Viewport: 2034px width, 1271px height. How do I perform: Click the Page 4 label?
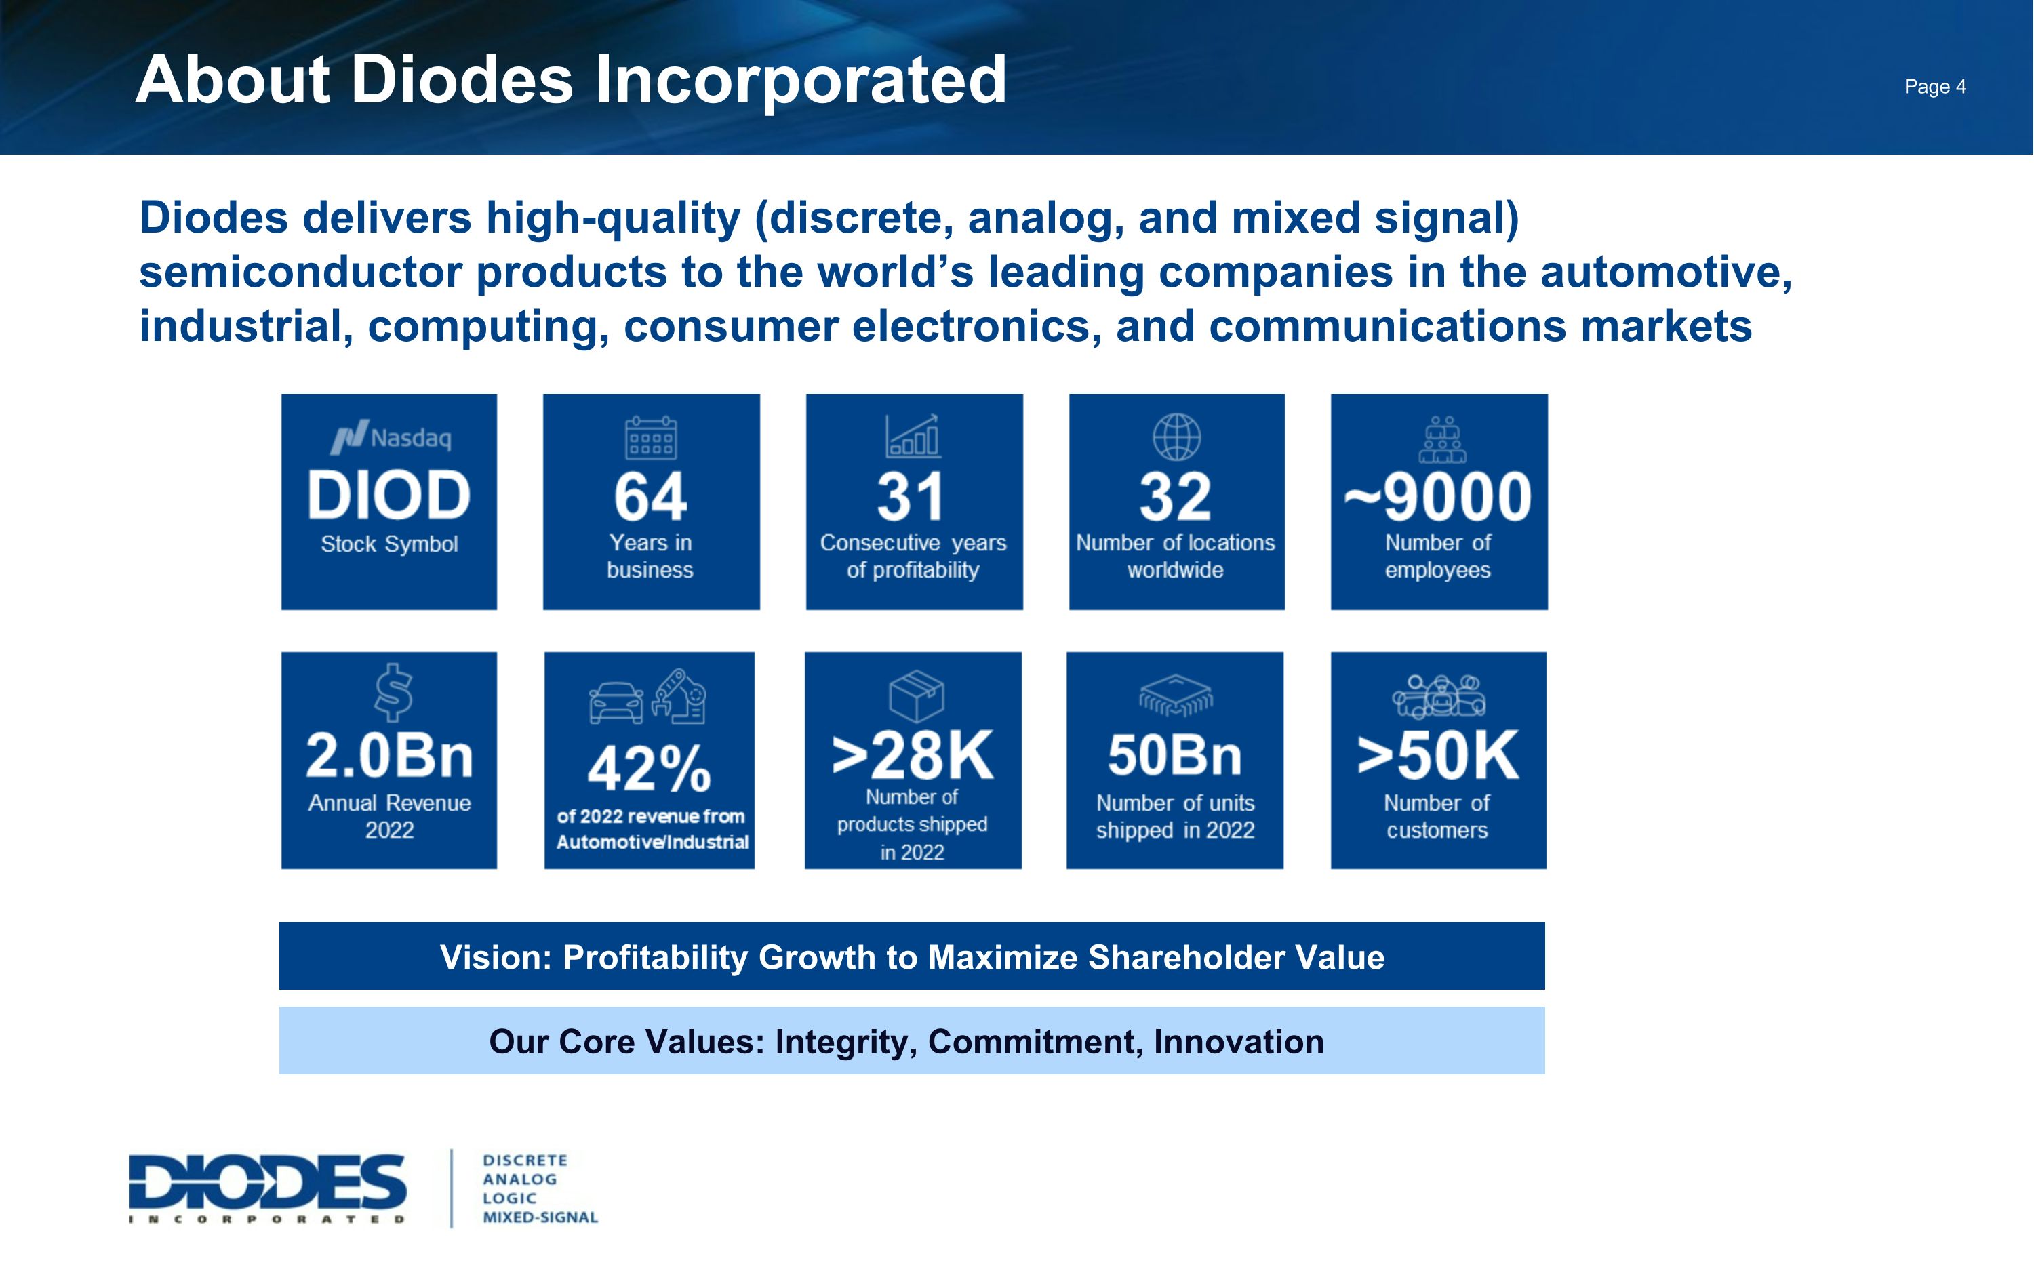pyautogui.click(x=1935, y=87)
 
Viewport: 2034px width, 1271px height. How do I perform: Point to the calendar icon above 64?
pyautogui.click(x=651, y=437)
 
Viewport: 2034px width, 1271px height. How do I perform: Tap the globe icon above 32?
pyautogui.click(x=1176, y=437)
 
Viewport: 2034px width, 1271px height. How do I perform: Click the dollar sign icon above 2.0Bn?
pyautogui.click(x=393, y=693)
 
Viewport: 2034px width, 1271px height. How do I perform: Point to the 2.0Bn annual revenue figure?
pyautogui.click(x=389, y=755)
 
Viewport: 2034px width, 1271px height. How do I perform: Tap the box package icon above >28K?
pyautogui.click(x=916, y=695)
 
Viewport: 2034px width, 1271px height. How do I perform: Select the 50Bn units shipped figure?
pyautogui.click(x=1174, y=755)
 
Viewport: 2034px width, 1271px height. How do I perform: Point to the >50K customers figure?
pyautogui.click(x=1437, y=755)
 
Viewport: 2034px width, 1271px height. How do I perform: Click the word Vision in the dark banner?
pyautogui.click(x=494, y=957)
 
